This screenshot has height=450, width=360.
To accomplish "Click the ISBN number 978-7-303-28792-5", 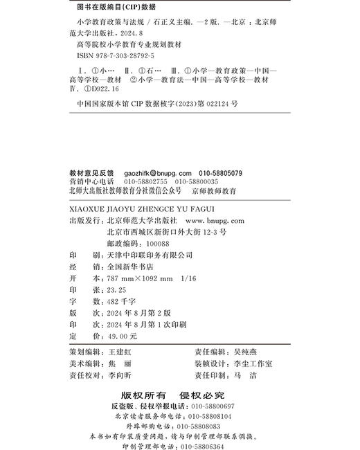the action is point(124,53).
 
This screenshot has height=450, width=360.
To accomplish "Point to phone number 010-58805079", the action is point(219,172).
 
